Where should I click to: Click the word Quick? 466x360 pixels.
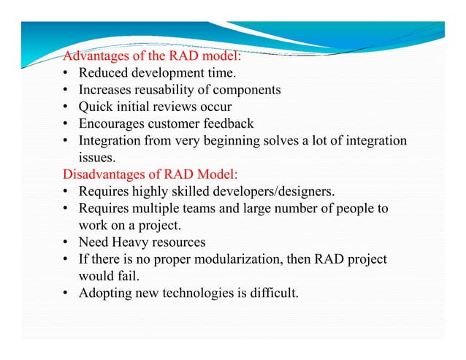tap(96, 107)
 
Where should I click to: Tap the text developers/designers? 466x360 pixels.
tap(278, 192)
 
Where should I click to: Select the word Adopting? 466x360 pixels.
tap(105, 294)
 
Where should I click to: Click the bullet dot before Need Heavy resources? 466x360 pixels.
tap(66, 242)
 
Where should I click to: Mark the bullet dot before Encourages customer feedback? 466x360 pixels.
tap(66, 123)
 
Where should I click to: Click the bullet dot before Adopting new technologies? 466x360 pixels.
tap(66, 294)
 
